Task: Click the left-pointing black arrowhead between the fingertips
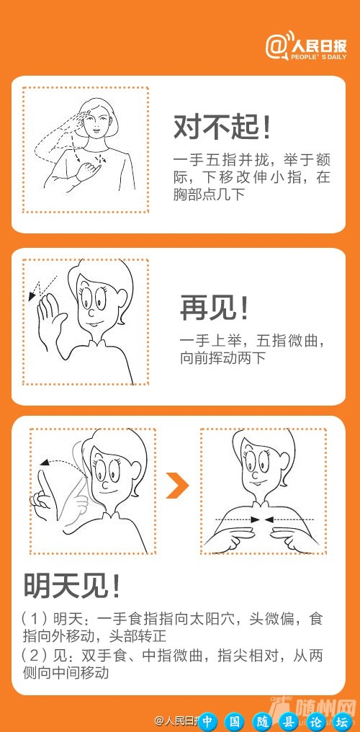[x=268, y=519]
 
